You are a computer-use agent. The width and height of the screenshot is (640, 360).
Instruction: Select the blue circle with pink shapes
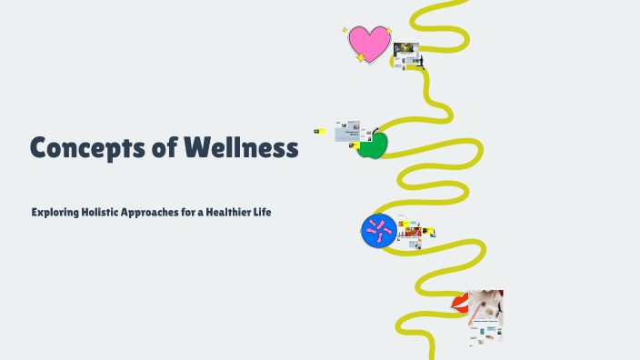point(379,231)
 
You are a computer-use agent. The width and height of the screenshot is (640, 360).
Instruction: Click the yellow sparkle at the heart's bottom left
point(360,57)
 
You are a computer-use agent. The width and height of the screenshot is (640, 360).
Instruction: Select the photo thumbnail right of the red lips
point(485,309)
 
